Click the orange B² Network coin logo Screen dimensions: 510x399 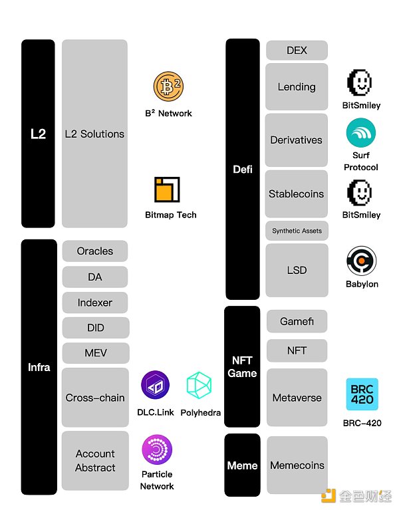(168, 88)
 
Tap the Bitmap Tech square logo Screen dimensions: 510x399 (167, 190)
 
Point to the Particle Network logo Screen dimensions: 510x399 (157, 450)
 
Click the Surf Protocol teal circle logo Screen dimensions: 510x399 (360, 132)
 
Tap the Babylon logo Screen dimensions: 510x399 (361, 261)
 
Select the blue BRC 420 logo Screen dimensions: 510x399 (362, 394)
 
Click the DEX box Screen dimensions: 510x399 (297, 51)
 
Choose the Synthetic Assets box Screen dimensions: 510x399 (297, 231)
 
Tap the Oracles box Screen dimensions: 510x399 (95, 251)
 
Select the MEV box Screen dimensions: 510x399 (95, 353)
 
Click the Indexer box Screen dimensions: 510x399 (95, 303)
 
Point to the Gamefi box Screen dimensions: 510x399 (297, 321)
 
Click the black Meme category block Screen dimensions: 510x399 (242, 465)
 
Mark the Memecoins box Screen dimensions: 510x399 (297, 465)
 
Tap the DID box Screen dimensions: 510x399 (95, 328)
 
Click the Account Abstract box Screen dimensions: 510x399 (95, 461)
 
